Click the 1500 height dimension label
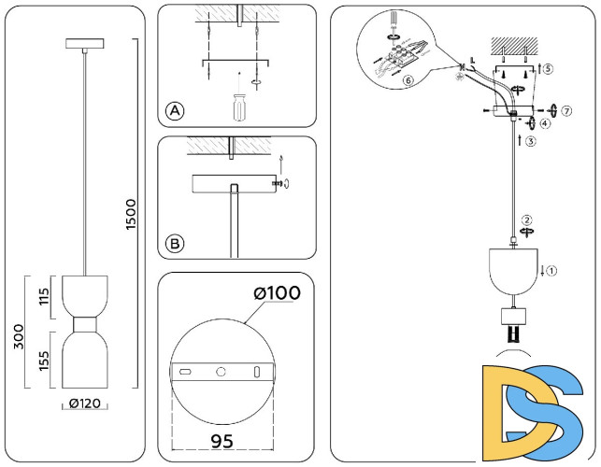[x=132, y=216]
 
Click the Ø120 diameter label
[x=85, y=404]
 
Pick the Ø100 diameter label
[x=277, y=292]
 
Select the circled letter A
[x=175, y=112]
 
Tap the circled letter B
[x=175, y=245]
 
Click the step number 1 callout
[x=551, y=272]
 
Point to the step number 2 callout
[x=527, y=220]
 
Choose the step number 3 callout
[x=530, y=142]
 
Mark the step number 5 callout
[x=548, y=69]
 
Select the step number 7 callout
[x=566, y=110]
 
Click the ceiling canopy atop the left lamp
[x=85, y=44]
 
